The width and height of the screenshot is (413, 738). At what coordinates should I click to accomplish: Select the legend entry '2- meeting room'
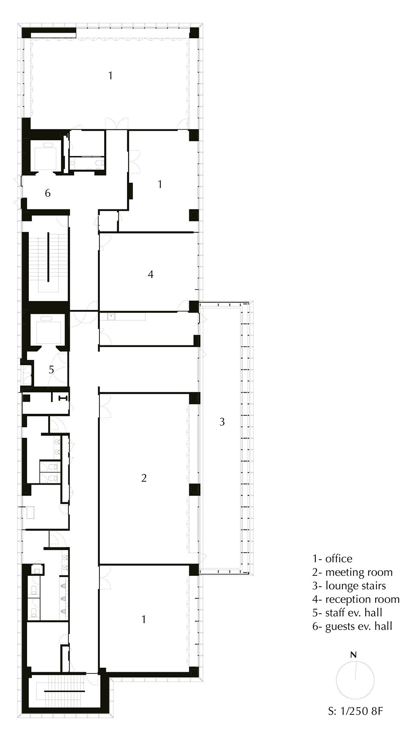pos(352,572)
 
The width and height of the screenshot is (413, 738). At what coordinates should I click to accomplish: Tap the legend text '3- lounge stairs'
pos(349,586)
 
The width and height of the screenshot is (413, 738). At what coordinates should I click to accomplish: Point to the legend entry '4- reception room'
pos(356,599)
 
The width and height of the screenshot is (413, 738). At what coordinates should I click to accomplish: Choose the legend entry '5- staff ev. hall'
pos(347,612)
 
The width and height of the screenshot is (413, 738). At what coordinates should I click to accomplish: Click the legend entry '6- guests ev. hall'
pos(352,626)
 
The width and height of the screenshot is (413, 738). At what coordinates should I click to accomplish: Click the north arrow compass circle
pos(355,680)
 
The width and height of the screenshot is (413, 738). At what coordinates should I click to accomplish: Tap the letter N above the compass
pos(353,655)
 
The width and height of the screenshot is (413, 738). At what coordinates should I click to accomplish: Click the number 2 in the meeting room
pos(144,478)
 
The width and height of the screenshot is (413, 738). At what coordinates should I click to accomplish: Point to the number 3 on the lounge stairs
pos(222,422)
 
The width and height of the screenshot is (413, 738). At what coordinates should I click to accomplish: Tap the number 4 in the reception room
pos(150,274)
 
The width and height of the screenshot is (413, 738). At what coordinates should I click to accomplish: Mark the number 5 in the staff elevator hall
pos(51,369)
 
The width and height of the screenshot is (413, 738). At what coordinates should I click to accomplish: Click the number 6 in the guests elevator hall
pos(48,193)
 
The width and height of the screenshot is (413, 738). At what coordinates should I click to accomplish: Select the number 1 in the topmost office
pos(111,76)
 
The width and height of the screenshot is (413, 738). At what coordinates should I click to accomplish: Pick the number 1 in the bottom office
pos(144,619)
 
